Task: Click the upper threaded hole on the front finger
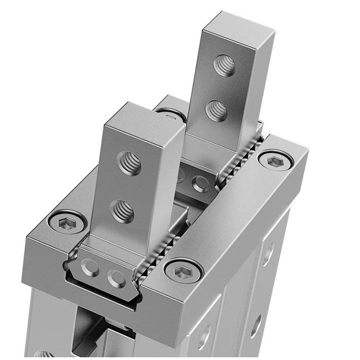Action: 129,163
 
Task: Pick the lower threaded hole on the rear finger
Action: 216,110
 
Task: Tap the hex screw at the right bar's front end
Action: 184,271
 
